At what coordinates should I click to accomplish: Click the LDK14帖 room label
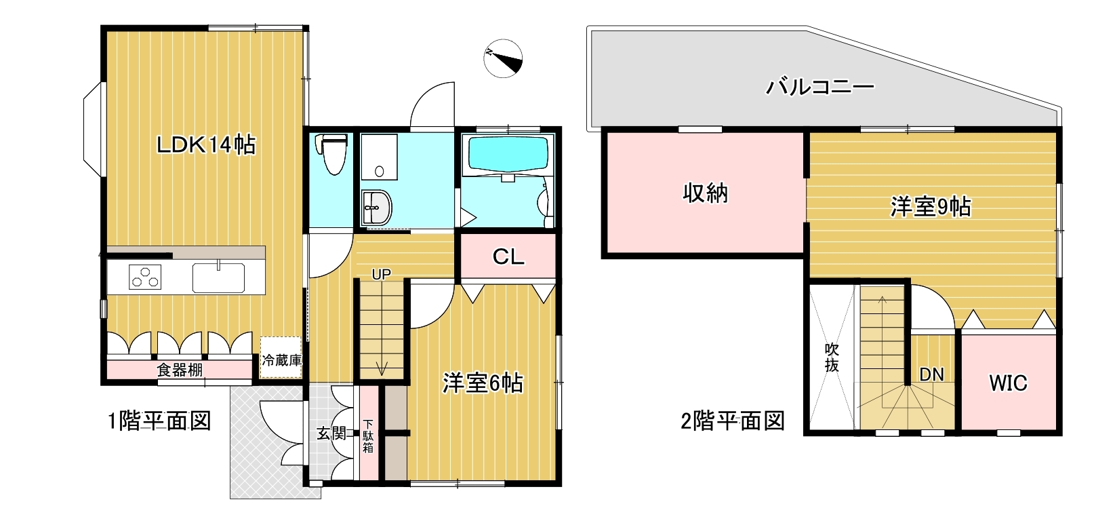click(x=206, y=145)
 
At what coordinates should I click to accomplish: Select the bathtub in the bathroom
click(x=508, y=155)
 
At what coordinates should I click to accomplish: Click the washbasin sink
click(x=377, y=207)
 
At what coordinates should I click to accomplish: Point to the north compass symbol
click(x=503, y=58)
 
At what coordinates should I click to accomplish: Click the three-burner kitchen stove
click(x=145, y=277)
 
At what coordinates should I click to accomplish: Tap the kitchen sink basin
click(x=218, y=277)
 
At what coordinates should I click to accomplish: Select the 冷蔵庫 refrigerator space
click(x=281, y=357)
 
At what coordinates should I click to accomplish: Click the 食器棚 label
click(x=180, y=370)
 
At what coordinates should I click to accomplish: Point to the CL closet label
click(x=508, y=256)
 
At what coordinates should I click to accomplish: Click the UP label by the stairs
click(x=382, y=275)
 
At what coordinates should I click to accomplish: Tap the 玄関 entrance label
click(x=331, y=433)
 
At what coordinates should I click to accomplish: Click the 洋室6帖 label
click(x=483, y=383)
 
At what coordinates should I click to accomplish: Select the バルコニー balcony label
click(x=820, y=87)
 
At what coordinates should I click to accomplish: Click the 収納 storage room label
click(x=705, y=193)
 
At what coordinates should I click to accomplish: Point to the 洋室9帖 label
click(x=931, y=207)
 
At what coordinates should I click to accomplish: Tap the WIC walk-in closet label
click(x=1008, y=383)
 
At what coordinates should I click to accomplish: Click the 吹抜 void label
click(x=832, y=357)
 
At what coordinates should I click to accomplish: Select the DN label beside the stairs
click(x=931, y=374)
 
